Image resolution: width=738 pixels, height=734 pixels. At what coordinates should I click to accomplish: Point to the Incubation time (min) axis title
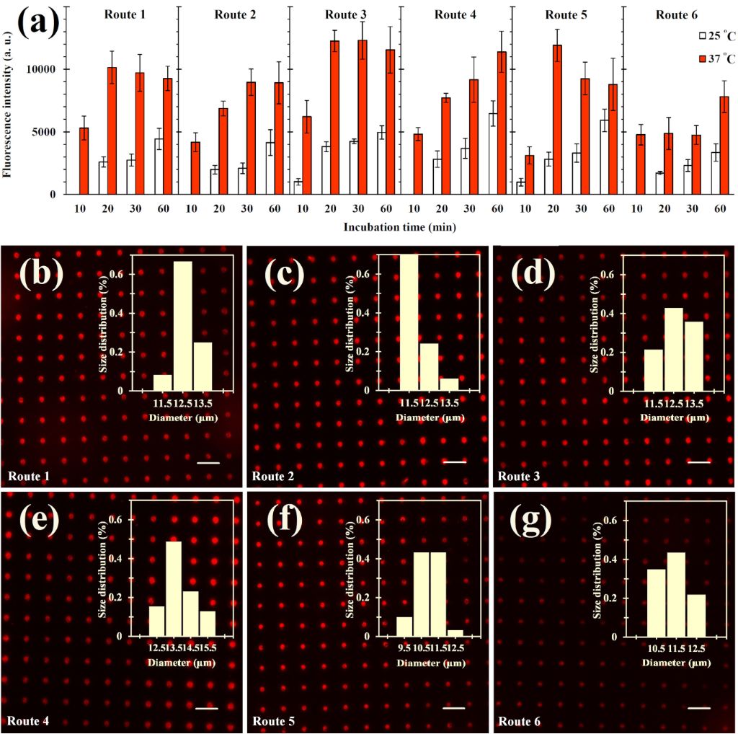[399, 226]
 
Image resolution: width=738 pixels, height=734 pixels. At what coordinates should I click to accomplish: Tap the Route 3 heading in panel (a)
[345, 14]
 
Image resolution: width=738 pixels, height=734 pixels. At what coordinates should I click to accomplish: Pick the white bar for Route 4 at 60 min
[493, 154]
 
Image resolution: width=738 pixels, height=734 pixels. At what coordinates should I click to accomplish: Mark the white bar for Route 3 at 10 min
[298, 187]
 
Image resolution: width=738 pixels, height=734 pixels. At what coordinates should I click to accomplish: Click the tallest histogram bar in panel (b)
[183, 325]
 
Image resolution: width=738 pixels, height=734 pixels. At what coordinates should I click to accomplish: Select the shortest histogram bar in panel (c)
[449, 384]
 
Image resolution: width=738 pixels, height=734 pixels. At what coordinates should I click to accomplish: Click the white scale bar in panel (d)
[698, 462]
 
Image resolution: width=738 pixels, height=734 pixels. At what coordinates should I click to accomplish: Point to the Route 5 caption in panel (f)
[273, 721]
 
